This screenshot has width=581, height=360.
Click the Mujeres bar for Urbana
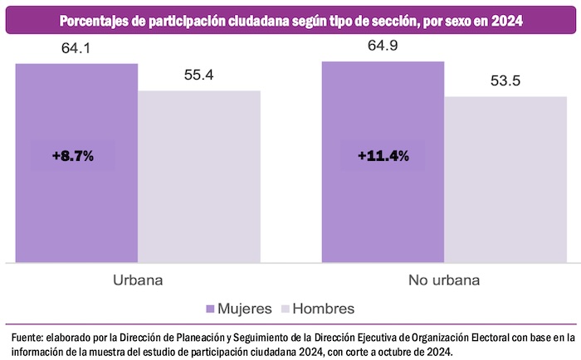click(76, 207)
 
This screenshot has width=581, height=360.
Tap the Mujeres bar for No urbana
click(383, 207)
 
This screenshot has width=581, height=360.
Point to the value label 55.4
click(199, 75)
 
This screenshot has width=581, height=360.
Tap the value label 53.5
click(506, 81)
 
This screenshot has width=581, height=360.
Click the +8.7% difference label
click(72, 155)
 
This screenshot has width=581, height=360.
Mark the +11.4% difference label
click(383, 155)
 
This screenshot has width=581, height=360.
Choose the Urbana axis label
click(138, 280)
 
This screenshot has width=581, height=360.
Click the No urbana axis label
click(445, 280)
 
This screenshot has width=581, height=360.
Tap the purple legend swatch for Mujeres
click(210, 309)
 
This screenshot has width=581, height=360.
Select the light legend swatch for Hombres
click(286, 309)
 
